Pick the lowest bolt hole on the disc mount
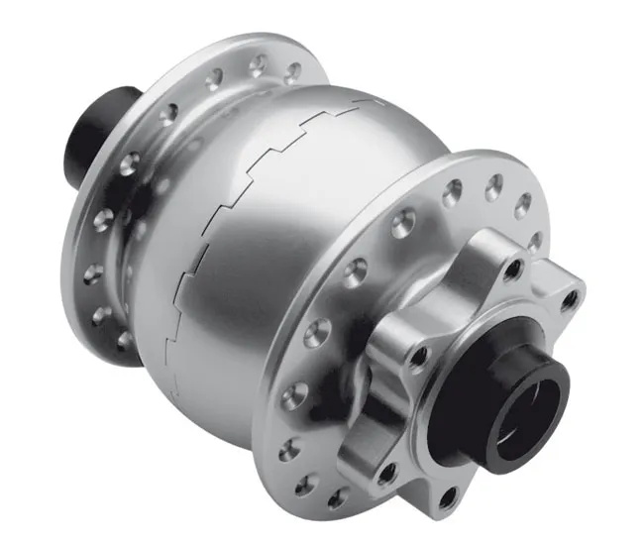pos(448,491)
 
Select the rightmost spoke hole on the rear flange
pos(292,72)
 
